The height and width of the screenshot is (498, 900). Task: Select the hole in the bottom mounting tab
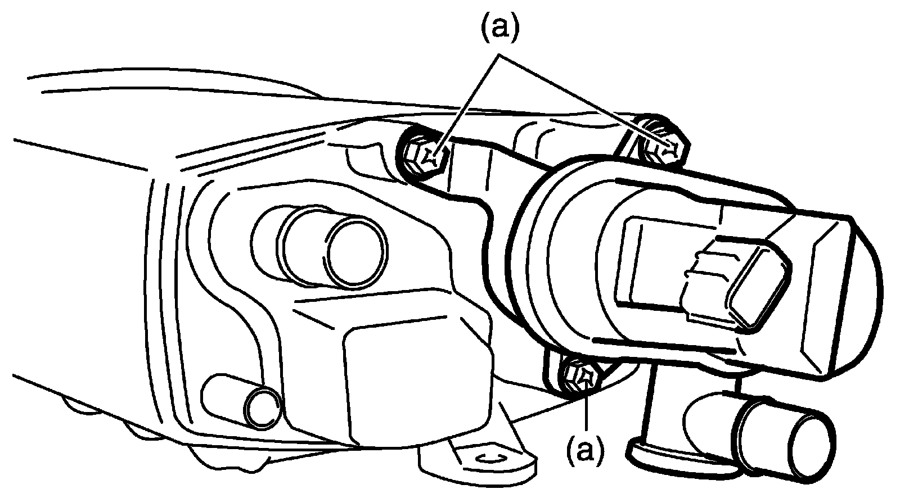tap(485, 459)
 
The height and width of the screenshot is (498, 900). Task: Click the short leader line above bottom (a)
tap(586, 410)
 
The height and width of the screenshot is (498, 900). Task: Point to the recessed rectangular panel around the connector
tap(652, 264)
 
